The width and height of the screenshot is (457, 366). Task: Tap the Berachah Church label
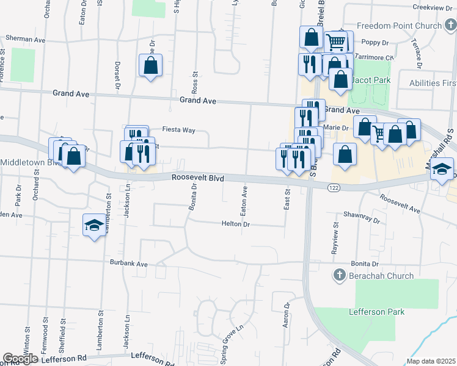coord(382,276)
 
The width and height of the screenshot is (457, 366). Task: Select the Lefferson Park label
coord(376,312)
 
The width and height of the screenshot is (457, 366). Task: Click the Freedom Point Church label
coord(398,26)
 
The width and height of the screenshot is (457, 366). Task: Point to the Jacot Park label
coord(378,80)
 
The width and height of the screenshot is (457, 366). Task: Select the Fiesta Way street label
coord(178,130)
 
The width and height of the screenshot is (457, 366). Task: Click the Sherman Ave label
coord(26,38)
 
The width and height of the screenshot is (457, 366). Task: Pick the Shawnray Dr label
coord(362,215)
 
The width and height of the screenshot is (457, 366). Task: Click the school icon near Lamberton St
coord(94,225)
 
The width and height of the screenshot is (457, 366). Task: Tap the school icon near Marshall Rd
coord(444,169)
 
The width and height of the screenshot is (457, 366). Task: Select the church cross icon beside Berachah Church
coord(340,276)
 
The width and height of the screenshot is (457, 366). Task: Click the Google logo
coord(20,359)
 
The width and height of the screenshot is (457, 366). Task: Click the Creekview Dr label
coord(432,7)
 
